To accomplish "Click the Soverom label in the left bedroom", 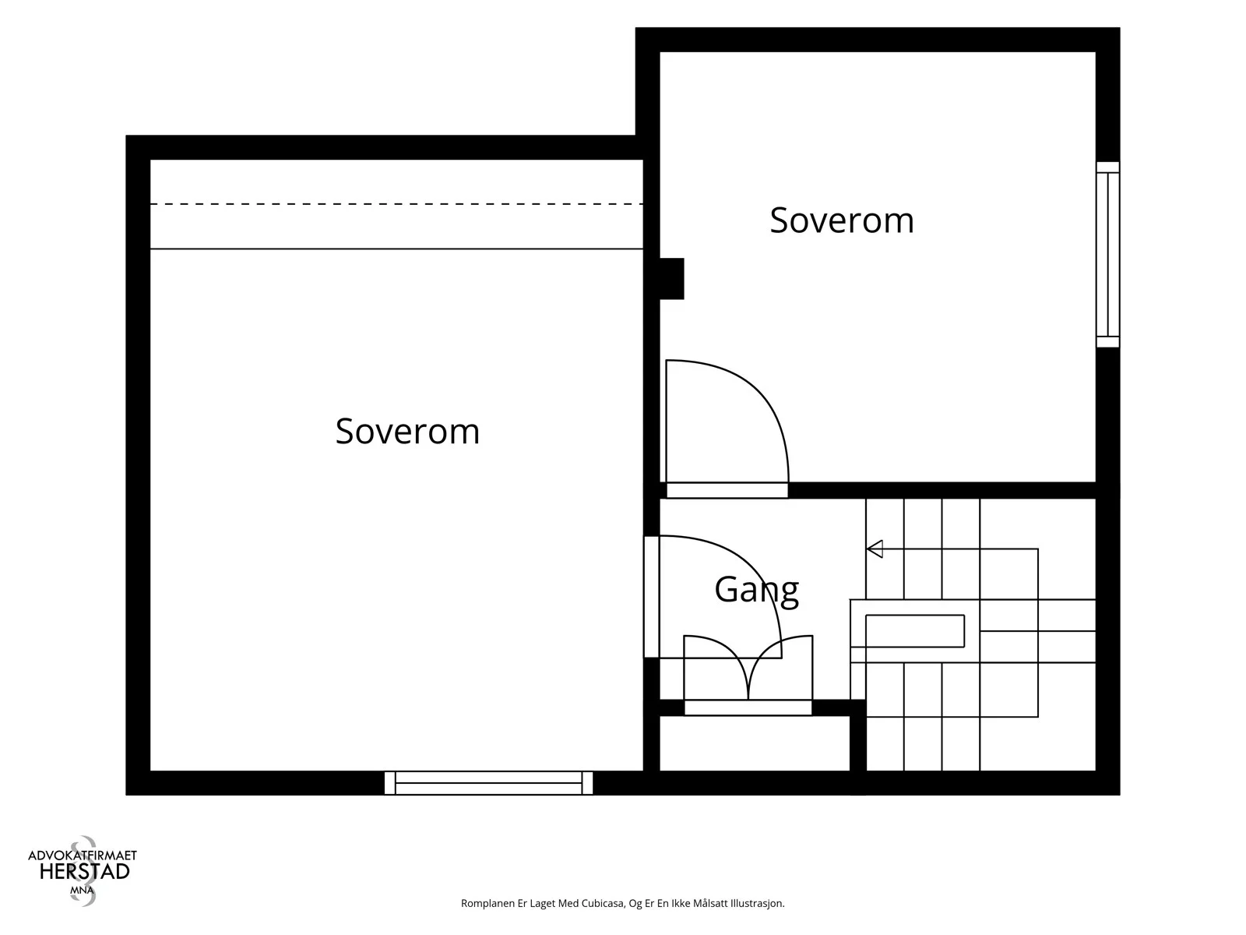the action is coord(407,432).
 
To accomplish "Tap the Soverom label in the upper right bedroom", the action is coord(842,221).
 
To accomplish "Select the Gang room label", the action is coord(757,591).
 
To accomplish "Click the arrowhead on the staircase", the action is coord(875,549).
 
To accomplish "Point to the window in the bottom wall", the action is coord(488,783).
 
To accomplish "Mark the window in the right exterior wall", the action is coord(1107,254).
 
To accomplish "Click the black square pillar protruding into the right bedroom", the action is coord(671,279).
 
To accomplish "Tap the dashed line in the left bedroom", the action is coord(396,204).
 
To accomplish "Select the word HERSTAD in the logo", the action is coord(85,872).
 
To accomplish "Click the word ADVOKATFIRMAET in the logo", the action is coord(83,855).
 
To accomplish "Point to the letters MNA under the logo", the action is coord(82,890).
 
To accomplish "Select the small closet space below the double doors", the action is coord(755,743).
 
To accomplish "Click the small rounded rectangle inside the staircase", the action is coord(915,630).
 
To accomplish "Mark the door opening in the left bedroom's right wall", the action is coord(651,597).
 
